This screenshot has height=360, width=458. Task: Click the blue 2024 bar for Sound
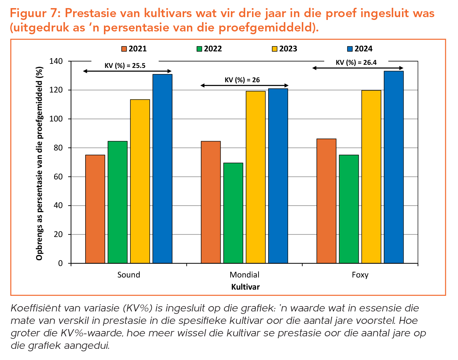coord(162,168)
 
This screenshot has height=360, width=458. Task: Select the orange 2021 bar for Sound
coord(95,209)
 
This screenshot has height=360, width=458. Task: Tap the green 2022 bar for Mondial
coord(233,213)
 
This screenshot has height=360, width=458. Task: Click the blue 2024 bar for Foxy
coord(394,167)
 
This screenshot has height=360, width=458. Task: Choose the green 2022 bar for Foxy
coord(349,209)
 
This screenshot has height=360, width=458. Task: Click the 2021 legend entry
coord(134,49)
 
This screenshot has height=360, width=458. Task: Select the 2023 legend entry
coord(284,49)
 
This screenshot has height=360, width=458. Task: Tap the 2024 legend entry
coord(360,49)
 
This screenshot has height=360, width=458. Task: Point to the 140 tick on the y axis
coord(56,61)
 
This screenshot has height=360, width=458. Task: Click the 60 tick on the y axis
coord(58,177)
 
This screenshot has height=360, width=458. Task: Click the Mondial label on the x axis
coord(244,275)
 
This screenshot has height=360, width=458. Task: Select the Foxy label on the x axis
coord(360,275)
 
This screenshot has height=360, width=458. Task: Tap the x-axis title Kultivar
coord(245,287)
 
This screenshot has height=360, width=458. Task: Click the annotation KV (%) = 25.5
coord(125,66)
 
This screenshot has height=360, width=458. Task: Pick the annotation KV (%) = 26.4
coord(356,63)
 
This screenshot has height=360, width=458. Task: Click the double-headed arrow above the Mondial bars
coord(245,85)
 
